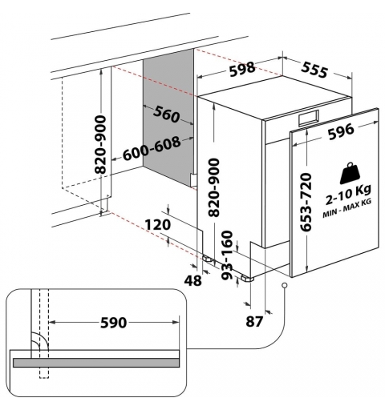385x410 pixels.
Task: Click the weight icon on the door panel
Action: [349, 175]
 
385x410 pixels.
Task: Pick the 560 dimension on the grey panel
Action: [166, 116]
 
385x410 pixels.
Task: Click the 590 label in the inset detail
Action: [113, 323]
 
